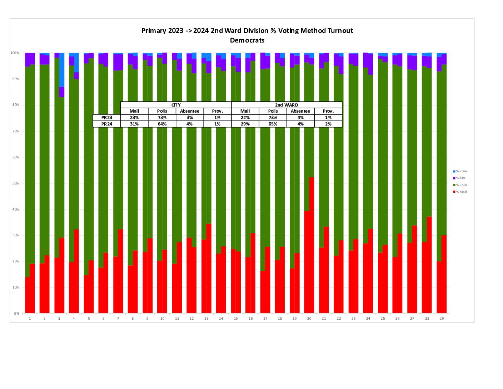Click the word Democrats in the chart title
[x=247, y=40]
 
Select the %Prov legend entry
[x=461, y=171]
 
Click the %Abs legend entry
[x=460, y=178]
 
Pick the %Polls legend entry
[x=461, y=185]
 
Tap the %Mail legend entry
[x=461, y=192]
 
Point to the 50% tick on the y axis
[x=16, y=183]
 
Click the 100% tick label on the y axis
[x=15, y=53]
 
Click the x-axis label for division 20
[x=309, y=319]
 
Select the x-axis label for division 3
[x=59, y=319]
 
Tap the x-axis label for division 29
[x=442, y=319]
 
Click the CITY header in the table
[x=176, y=105]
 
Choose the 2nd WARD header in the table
[x=287, y=105]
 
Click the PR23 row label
[x=106, y=118]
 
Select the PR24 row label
[x=106, y=124]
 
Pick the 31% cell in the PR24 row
[x=134, y=124]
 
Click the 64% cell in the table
[x=162, y=124]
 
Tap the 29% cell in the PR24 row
[x=245, y=124]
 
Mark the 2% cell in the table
[x=328, y=124]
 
